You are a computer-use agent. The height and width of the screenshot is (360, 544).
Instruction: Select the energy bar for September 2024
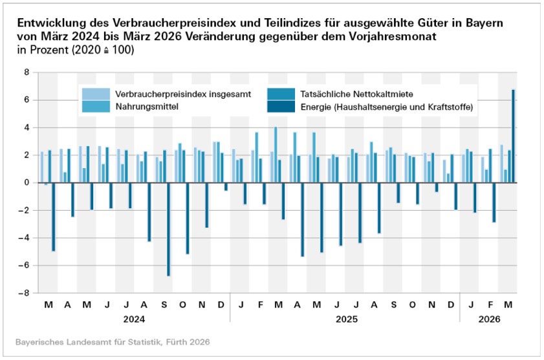pos(168,229)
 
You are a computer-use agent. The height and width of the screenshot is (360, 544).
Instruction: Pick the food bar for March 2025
pos(276,154)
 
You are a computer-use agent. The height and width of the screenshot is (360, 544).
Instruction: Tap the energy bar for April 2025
pos(302,219)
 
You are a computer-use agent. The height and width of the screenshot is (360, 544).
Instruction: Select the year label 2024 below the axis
pos(135,319)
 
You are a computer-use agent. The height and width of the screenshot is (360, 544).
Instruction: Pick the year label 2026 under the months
pos(489,319)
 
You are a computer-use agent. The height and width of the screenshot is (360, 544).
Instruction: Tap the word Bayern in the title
pos(484,23)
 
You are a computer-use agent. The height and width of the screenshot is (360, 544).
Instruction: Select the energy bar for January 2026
pos(475,197)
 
